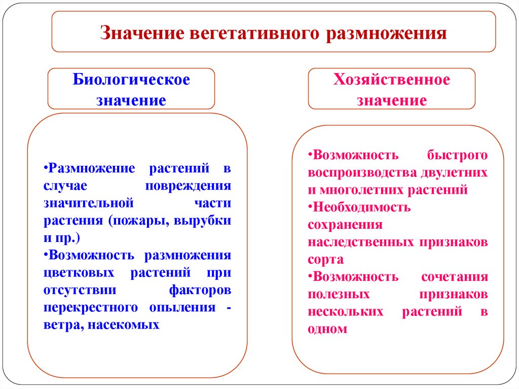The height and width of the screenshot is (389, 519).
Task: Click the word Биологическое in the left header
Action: pyautogui.click(x=131, y=80)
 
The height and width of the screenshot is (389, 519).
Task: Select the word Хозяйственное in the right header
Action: pyautogui.click(x=391, y=80)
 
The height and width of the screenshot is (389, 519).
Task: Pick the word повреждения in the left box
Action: pyautogui.click(x=189, y=186)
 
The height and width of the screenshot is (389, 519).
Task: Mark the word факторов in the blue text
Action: pyautogui.click(x=200, y=290)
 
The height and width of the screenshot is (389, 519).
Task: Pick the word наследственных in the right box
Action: pyautogui.click(x=361, y=242)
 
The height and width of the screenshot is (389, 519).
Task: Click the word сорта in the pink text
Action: pyautogui.click(x=325, y=259)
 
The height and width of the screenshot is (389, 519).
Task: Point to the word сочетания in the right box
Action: pyautogui.click(x=454, y=277)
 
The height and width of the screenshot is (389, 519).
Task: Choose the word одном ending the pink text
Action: pyautogui.click(x=327, y=329)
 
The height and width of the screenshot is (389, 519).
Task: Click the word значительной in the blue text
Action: pyautogui.click(x=88, y=203)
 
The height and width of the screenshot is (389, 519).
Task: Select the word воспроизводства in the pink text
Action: pyautogui.click(x=362, y=172)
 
